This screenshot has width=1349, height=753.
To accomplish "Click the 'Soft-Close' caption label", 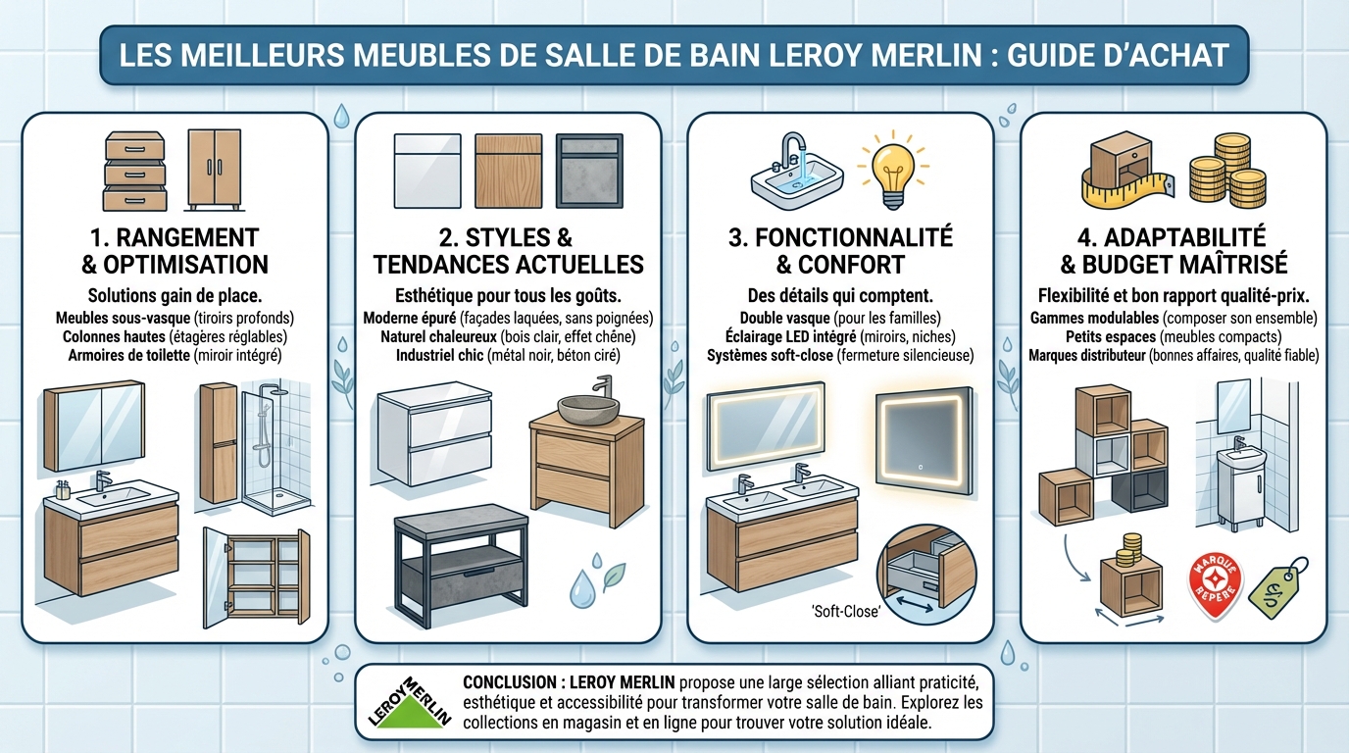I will pos(846,613).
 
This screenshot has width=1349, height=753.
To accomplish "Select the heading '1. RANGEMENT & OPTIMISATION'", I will pos(175,251).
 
